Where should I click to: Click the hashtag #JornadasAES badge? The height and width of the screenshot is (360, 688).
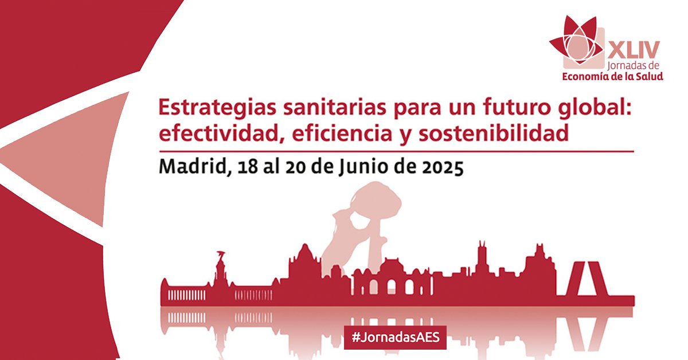click(395, 338)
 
